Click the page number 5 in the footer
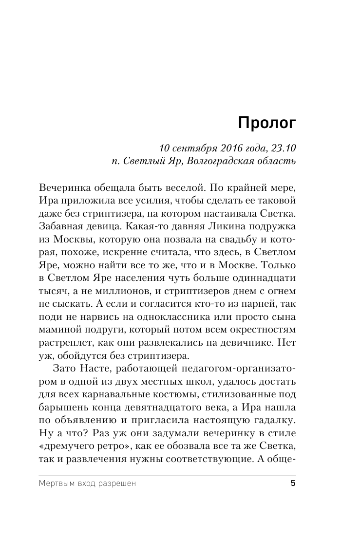pos(292,483)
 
